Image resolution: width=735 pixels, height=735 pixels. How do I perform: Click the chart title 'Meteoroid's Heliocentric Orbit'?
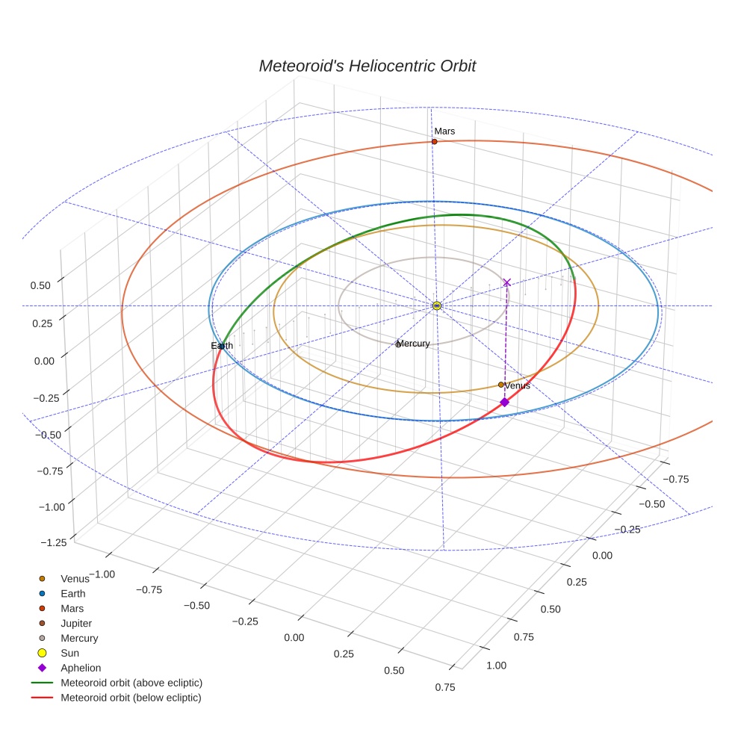click(x=367, y=66)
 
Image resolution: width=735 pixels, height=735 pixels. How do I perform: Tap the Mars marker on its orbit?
click(x=434, y=141)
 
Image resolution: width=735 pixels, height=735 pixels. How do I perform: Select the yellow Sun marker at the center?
click(x=437, y=306)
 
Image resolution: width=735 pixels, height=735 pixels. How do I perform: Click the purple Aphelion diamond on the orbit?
click(x=504, y=402)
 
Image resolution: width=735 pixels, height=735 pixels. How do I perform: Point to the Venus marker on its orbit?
click(x=500, y=385)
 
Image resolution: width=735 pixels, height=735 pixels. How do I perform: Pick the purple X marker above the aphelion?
click(x=506, y=282)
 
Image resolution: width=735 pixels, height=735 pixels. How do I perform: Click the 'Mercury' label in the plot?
click(x=413, y=344)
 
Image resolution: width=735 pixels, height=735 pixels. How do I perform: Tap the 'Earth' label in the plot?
click(x=222, y=346)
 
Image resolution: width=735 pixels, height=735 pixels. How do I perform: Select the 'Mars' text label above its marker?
click(x=444, y=131)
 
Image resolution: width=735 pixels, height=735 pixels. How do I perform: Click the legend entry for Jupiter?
click(x=76, y=623)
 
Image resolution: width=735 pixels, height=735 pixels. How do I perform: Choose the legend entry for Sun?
click(x=69, y=653)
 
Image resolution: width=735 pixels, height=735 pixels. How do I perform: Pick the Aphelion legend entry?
click(x=81, y=668)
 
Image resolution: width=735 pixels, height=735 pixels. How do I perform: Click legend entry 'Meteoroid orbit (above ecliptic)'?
click(x=131, y=683)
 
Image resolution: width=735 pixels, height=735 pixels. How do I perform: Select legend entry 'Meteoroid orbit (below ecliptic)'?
click(x=131, y=698)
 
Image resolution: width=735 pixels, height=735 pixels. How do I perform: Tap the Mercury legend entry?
click(x=79, y=638)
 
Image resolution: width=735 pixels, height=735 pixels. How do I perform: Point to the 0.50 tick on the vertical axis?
click(x=40, y=285)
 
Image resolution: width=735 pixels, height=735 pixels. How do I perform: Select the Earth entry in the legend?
click(x=73, y=594)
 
